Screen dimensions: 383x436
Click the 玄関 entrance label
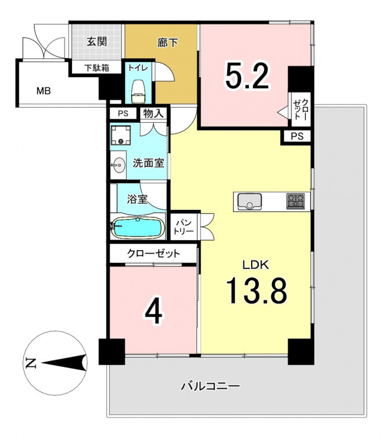pos(96,42)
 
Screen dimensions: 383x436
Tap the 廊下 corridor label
pos(167,42)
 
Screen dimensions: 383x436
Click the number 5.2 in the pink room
pos(247,76)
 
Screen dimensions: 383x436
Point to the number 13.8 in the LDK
pos(256,291)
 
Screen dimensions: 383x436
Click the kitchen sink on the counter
pos(249,201)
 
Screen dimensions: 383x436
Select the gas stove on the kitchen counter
pos(295,202)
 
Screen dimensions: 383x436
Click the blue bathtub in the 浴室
pos(137,227)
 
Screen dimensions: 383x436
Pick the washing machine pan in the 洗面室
pos(121,135)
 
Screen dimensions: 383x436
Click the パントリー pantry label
pos(184,227)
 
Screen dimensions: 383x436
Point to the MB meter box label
pos(44,91)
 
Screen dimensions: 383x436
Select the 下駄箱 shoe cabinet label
pos(96,68)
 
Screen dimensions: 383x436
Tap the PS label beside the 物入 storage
pos(123,113)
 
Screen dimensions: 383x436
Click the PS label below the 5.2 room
pos(297,136)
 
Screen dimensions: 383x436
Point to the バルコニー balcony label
pos(210,386)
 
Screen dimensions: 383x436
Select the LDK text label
pos(256,265)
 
